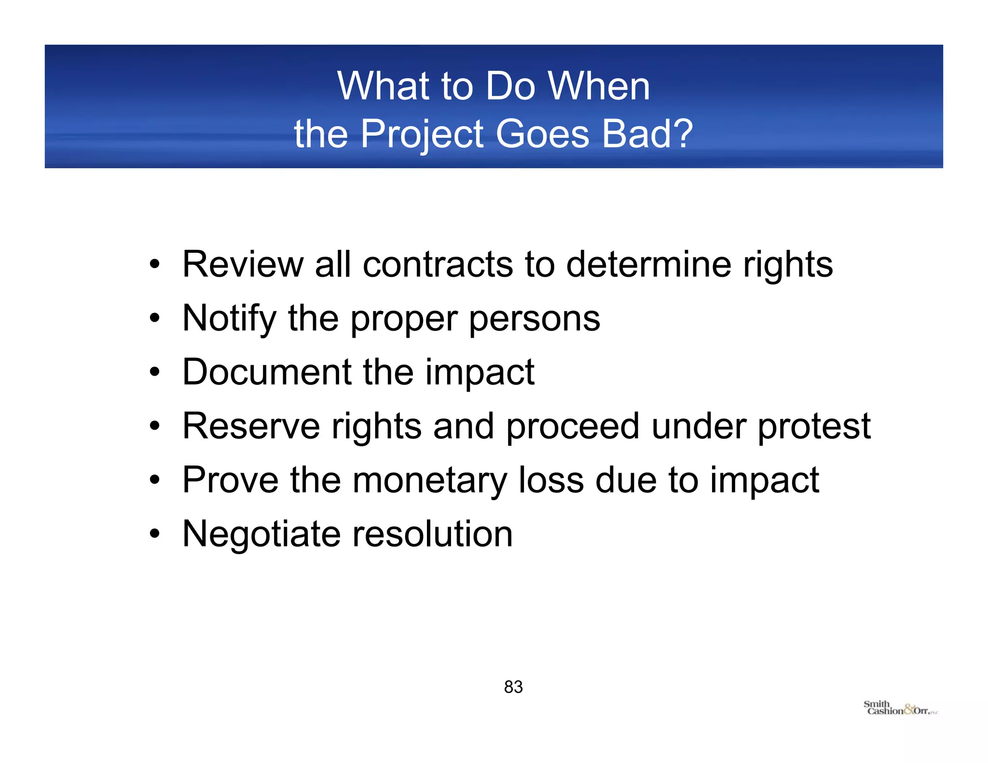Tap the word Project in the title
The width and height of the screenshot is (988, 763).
(422, 134)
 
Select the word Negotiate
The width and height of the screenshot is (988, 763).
(261, 535)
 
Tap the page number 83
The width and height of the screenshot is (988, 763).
(513, 687)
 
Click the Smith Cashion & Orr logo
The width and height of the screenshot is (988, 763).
(900, 708)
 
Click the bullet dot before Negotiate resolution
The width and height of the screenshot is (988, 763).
(154, 534)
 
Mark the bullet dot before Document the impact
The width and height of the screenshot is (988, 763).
(154, 372)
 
